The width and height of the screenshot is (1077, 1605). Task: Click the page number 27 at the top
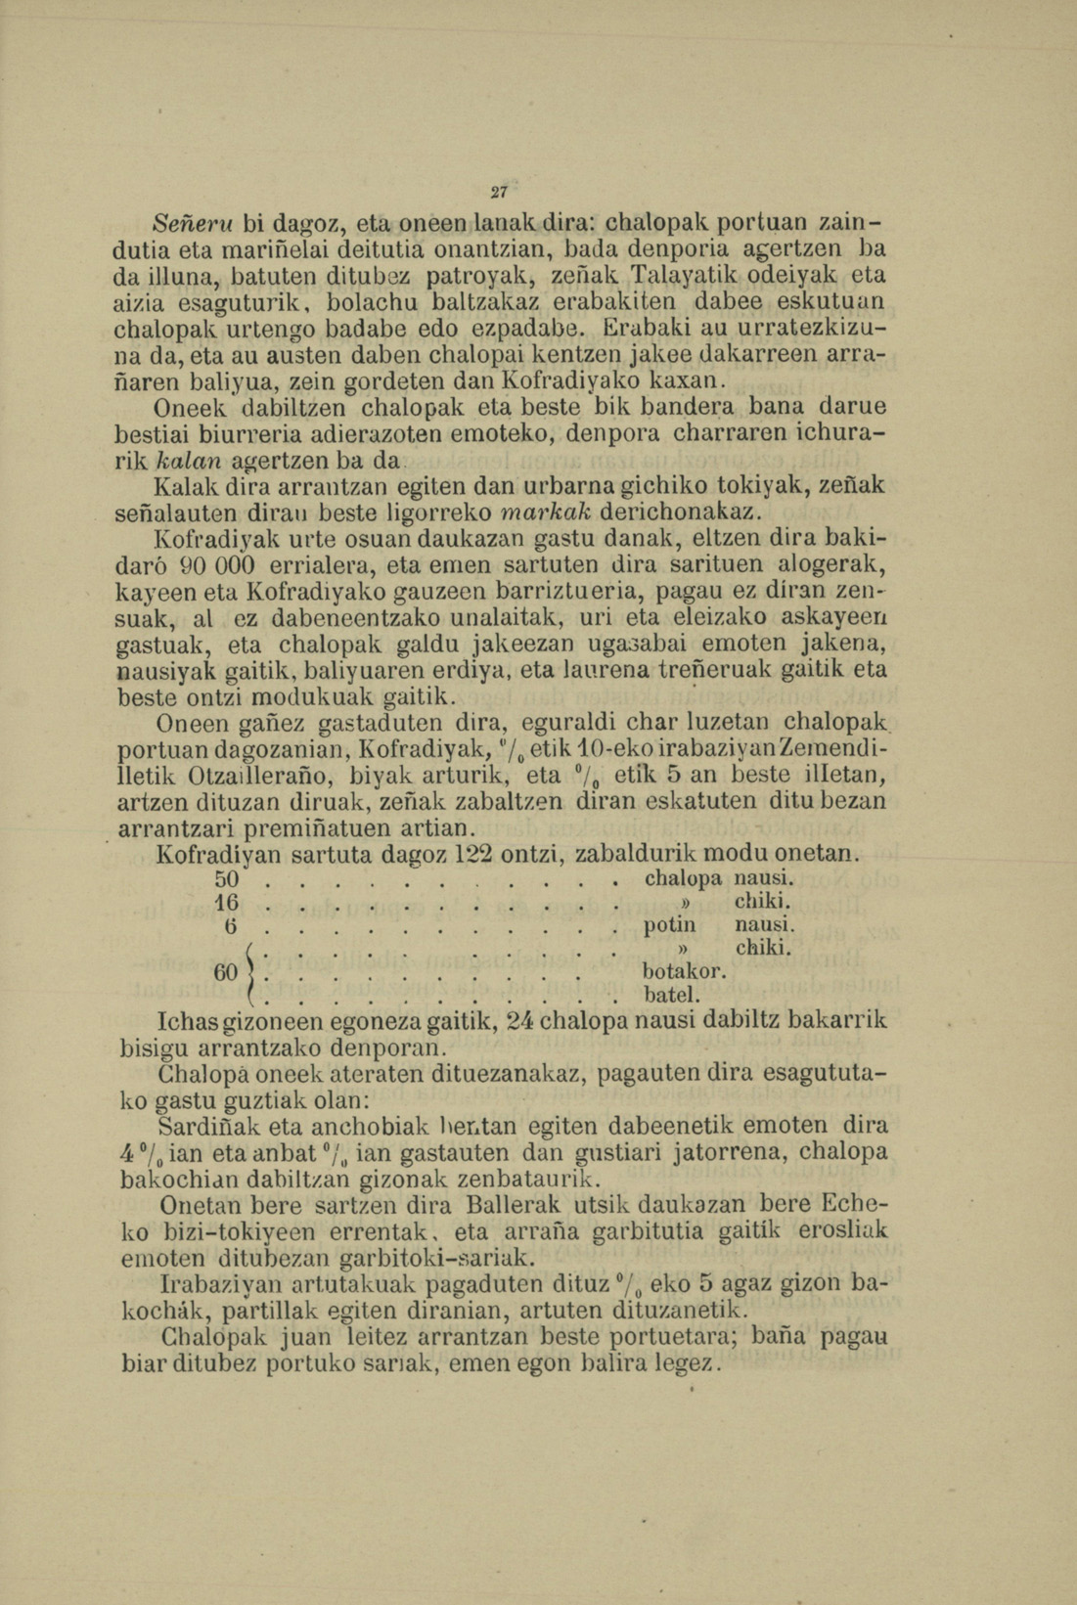[x=501, y=192]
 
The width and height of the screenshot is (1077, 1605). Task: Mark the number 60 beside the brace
[x=227, y=973]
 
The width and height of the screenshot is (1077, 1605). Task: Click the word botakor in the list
[x=684, y=973]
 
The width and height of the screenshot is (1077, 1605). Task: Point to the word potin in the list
[x=670, y=925]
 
